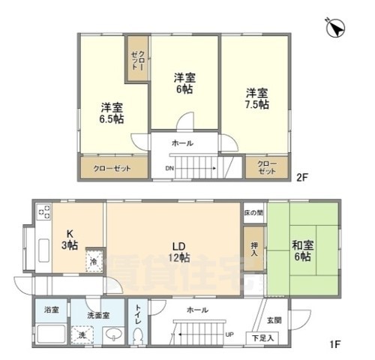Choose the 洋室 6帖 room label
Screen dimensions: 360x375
184,82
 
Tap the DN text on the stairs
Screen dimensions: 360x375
170,169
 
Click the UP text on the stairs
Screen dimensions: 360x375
229,335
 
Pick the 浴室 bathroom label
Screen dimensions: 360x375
51,309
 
